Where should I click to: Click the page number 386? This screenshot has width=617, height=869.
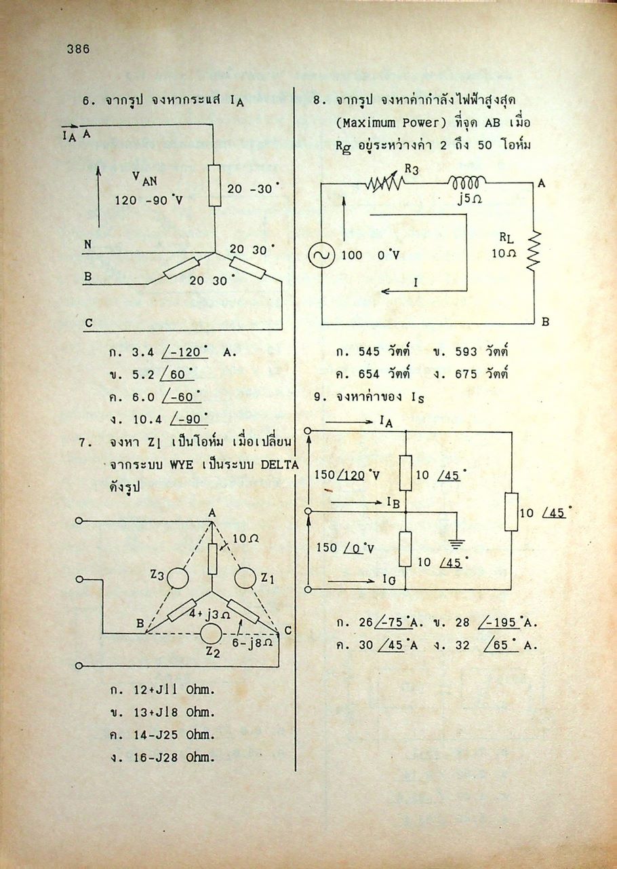tap(78, 49)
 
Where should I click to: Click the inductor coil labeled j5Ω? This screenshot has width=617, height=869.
tap(467, 181)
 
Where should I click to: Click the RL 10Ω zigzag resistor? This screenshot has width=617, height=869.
tap(535, 252)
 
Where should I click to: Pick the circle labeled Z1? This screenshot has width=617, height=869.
tap(245, 578)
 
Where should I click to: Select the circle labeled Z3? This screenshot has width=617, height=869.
tap(178, 578)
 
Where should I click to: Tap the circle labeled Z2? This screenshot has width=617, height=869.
tap(211, 634)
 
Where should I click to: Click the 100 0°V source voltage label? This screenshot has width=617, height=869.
tap(370, 255)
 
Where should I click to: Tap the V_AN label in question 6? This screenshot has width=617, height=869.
tap(144, 179)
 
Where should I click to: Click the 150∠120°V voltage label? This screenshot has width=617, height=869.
tap(347, 475)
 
